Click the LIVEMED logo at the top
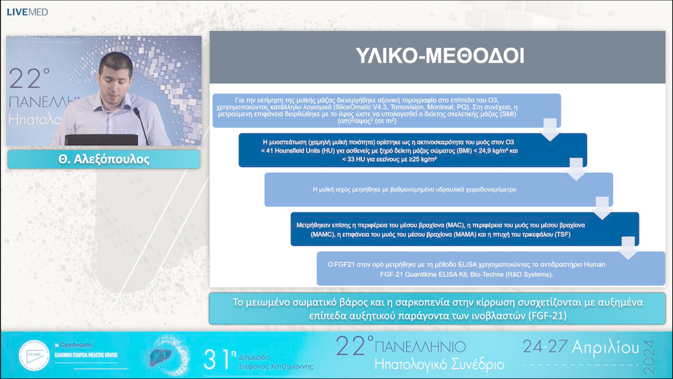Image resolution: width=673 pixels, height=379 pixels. click(x=27, y=12)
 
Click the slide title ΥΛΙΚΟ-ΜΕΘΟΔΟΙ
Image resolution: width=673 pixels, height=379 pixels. click(x=439, y=56)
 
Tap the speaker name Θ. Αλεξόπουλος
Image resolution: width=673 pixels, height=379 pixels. click(x=103, y=159)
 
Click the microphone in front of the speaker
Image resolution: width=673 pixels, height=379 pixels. click(x=140, y=122)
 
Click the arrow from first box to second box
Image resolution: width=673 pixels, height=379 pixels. click(x=551, y=131)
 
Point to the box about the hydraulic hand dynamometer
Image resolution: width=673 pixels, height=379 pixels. click(x=438, y=189)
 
